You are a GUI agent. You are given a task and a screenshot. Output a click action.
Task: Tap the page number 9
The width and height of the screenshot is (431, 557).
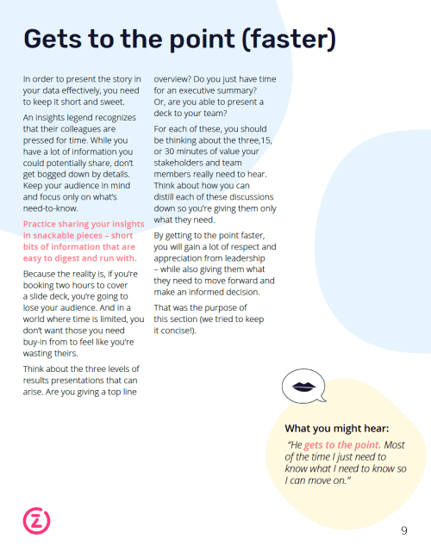click(x=403, y=530)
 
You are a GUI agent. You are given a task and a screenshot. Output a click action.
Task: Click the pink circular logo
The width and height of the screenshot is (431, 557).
click(x=36, y=520)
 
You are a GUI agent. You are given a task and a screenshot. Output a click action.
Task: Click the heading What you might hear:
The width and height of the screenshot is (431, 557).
click(x=337, y=428)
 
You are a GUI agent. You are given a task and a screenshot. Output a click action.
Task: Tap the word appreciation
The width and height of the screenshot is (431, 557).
click(x=185, y=258)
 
